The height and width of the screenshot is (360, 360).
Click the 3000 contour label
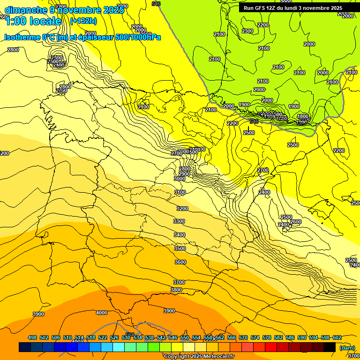180,179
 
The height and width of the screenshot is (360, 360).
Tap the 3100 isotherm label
180,193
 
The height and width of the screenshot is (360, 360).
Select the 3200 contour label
182,209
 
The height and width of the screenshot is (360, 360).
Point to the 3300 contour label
179,221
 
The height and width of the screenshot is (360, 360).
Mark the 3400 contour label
180,235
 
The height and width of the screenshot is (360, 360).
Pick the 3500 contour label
180,248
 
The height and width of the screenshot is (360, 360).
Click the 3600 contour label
180,262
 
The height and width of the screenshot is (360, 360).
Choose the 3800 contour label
176,290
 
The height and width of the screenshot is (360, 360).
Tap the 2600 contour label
296,222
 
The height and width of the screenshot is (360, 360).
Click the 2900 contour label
184,174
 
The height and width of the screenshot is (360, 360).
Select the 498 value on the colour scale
32,337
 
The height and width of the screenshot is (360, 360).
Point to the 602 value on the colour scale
337,337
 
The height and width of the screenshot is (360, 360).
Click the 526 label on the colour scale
114,337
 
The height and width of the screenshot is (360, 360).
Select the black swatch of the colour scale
330,347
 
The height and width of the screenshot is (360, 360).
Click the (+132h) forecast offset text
83,21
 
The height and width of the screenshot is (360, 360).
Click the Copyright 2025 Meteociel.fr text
199,357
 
